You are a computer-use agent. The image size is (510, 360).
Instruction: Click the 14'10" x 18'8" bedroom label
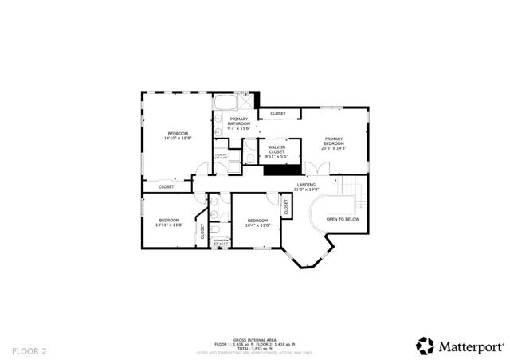click(x=178, y=135)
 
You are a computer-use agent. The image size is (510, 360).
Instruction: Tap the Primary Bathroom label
click(x=239, y=121)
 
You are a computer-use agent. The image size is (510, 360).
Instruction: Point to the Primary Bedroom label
click(x=333, y=143)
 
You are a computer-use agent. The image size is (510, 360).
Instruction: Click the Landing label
click(x=305, y=187)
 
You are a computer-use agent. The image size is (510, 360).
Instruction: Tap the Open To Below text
click(x=343, y=219)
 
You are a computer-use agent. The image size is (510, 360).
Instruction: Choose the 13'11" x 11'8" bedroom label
click(x=169, y=222)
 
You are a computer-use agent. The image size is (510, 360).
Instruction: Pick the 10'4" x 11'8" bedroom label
click(x=257, y=222)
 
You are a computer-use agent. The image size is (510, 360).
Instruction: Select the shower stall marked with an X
click(x=246, y=102)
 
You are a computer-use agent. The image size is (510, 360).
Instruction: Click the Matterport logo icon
click(x=425, y=346)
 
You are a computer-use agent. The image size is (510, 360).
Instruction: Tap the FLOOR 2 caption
click(x=29, y=350)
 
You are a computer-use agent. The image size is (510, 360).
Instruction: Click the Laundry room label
click(x=221, y=156)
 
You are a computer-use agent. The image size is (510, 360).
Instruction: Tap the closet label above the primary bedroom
click(x=278, y=113)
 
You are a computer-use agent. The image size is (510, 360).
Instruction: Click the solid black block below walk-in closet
click(x=279, y=168)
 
